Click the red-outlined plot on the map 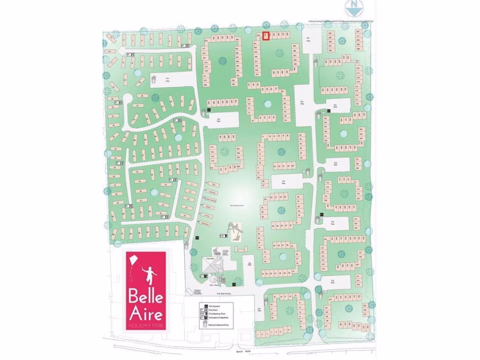tap(266, 36)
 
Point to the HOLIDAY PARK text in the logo tap(146, 325)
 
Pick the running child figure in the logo tap(150, 275)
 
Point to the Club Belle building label tap(208, 258)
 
